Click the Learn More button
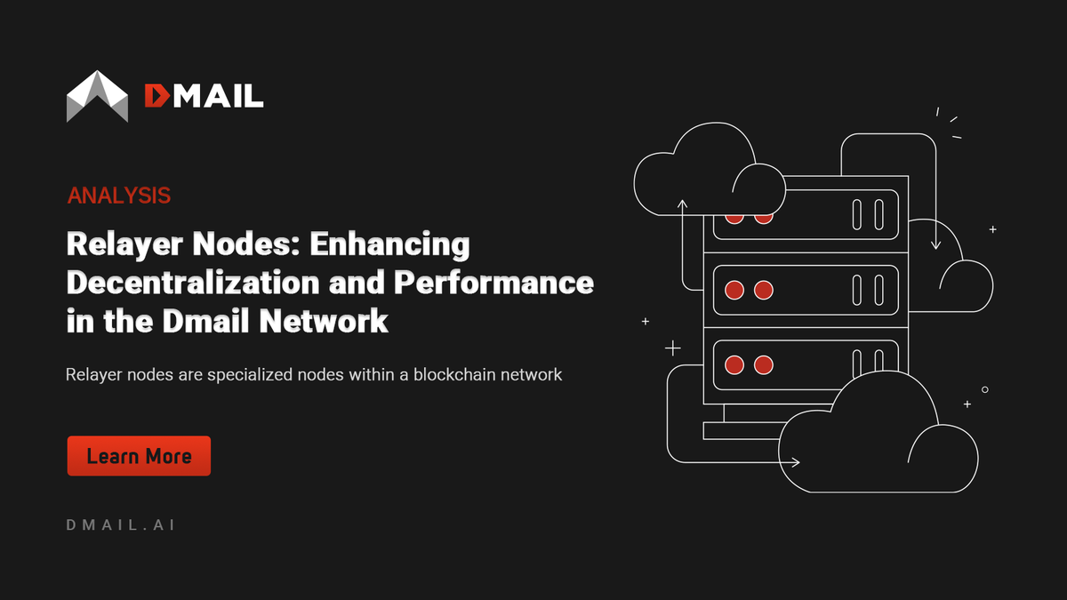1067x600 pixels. (139, 456)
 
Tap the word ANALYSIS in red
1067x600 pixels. (119, 196)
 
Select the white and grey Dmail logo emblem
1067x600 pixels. (97, 95)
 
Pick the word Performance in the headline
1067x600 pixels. (493, 282)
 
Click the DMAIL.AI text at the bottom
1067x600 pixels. (121, 524)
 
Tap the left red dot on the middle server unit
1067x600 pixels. (734, 290)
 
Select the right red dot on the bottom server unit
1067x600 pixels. (763, 364)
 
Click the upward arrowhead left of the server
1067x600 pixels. (683, 204)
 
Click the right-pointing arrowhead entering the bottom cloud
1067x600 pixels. (795, 462)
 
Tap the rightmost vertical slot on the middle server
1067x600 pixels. (878, 290)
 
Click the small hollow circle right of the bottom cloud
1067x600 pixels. (985, 389)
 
